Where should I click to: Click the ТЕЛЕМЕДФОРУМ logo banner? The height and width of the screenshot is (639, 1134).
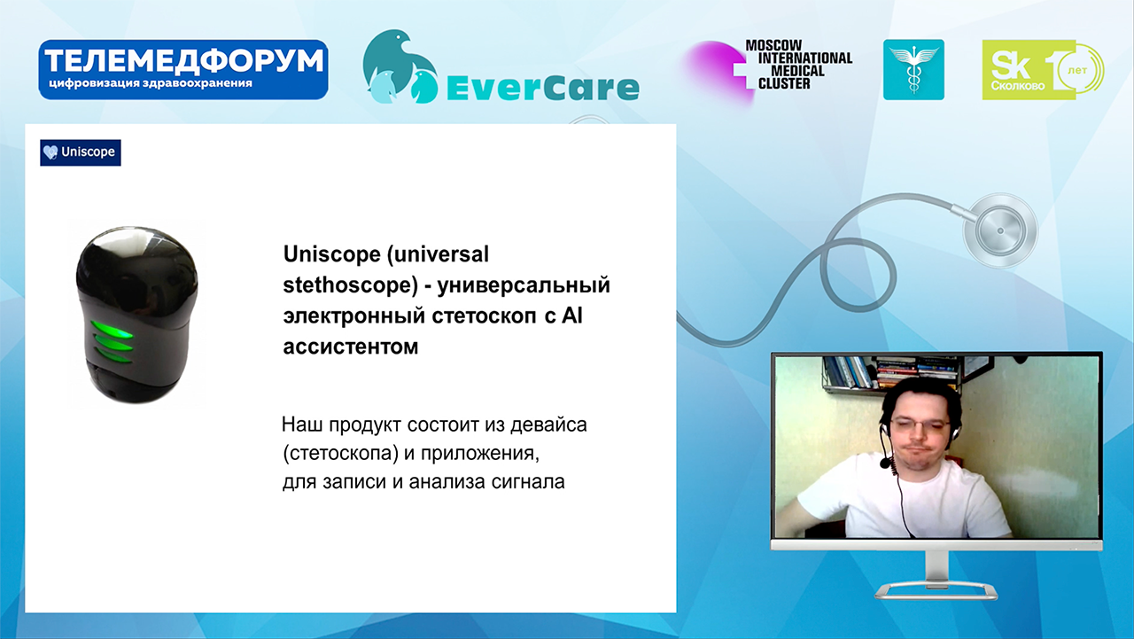point(183,70)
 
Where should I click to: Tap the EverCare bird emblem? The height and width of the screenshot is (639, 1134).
point(400,66)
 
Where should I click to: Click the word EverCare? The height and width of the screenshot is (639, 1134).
point(543,88)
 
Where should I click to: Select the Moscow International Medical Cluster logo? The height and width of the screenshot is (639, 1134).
point(768,68)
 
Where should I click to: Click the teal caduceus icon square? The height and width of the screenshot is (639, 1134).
point(913,70)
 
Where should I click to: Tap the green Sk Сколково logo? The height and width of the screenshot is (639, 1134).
point(1043,70)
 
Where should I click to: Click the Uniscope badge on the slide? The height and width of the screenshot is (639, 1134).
point(81,152)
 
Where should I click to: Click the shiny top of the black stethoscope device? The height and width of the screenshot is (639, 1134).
point(136,245)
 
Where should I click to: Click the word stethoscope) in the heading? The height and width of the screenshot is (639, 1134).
point(350,285)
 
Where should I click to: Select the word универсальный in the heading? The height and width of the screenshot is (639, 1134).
point(524,285)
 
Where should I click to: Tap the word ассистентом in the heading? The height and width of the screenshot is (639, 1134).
point(351,347)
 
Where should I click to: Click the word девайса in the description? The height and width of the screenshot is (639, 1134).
point(548,425)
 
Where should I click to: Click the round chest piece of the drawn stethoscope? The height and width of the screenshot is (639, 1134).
point(1000,231)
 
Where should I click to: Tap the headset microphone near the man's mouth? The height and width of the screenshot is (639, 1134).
point(885,462)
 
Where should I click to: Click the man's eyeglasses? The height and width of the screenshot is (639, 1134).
point(920,425)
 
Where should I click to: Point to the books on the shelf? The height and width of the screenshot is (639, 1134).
point(890,372)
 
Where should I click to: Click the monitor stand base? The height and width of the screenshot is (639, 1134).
point(936,590)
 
